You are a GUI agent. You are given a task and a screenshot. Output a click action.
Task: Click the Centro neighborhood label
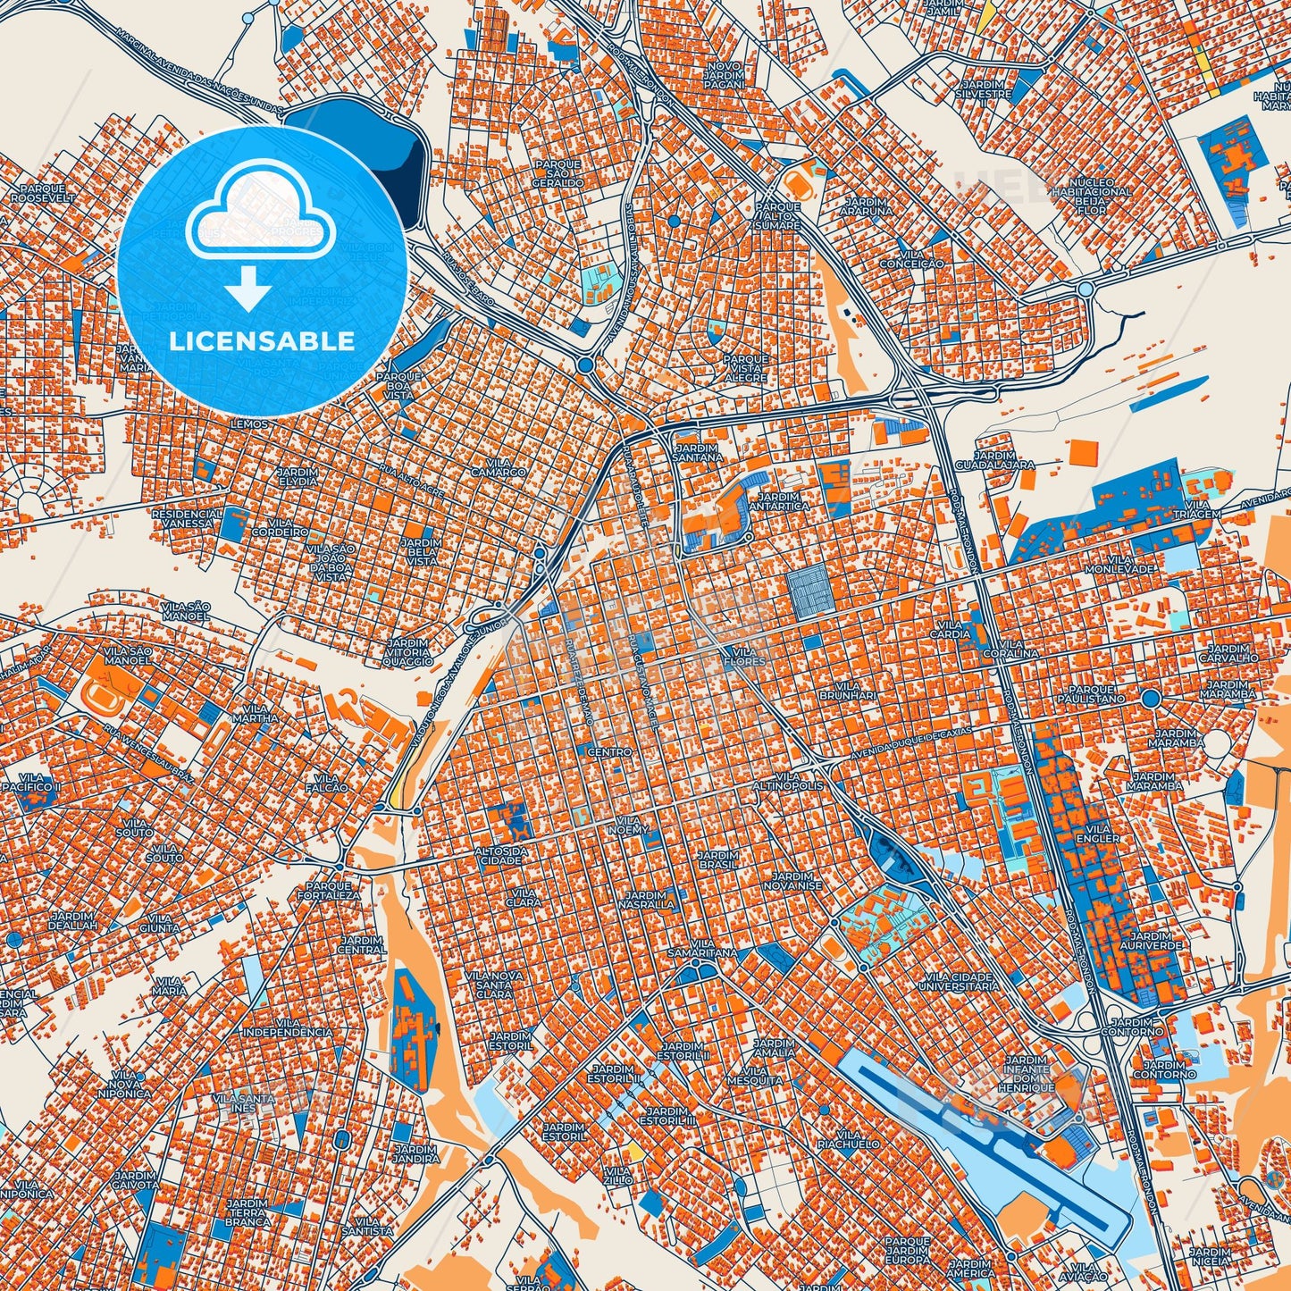(609, 752)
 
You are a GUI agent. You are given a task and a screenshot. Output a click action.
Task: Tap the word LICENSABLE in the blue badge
(262, 340)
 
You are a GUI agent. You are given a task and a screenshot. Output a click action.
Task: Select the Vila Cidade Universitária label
(961, 982)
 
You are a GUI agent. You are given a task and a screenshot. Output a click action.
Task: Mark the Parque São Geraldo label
(557, 173)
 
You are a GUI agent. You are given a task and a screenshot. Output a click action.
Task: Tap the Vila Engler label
(1098, 834)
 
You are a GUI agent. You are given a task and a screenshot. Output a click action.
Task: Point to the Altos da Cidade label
(500, 855)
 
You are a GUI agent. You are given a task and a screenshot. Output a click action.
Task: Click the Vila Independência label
(288, 1027)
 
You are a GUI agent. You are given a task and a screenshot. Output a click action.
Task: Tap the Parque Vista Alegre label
(745, 367)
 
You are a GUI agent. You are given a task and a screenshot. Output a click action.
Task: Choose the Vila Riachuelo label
(847, 1139)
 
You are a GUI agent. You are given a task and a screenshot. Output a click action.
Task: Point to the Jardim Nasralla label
(646, 900)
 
